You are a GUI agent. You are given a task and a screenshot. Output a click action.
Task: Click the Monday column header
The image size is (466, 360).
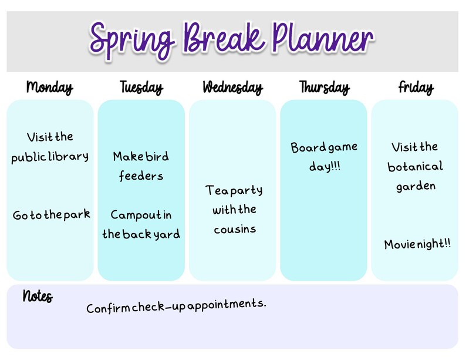[x=50, y=88]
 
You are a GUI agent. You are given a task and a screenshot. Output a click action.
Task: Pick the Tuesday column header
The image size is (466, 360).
[x=141, y=88]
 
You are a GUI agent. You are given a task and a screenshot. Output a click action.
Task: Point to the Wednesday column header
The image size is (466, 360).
[x=232, y=88]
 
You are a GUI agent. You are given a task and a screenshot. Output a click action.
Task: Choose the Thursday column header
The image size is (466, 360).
[x=324, y=88]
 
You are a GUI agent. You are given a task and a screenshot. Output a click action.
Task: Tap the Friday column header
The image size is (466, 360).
[x=416, y=88]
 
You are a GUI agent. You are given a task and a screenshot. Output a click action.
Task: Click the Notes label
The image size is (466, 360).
[x=38, y=296]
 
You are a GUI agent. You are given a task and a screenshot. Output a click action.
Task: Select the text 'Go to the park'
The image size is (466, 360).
[x=52, y=215]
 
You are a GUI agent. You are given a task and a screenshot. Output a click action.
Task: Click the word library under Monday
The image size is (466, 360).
[x=69, y=157]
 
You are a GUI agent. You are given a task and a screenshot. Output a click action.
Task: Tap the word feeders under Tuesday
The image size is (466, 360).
[x=141, y=176]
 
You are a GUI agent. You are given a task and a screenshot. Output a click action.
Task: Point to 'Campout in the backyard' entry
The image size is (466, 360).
[x=141, y=224]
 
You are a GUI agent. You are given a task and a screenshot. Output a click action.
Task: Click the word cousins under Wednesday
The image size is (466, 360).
[x=235, y=229]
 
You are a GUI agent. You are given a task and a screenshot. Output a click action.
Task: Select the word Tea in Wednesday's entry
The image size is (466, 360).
[x=215, y=191]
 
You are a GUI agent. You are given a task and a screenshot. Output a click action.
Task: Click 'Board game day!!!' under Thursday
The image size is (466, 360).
[x=324, y=157]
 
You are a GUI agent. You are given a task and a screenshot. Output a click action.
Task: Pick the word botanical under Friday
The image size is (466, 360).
[x=416, y=167]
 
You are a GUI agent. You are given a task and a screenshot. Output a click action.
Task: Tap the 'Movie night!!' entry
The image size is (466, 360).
[x=418, y=244]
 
